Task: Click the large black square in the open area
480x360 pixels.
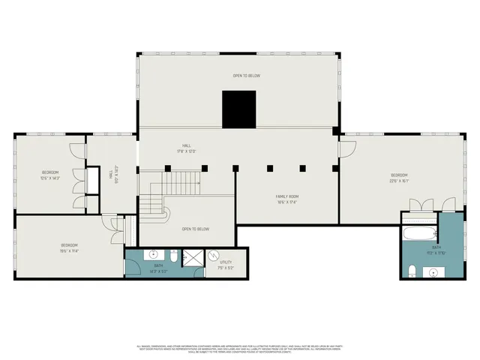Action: click(x=238, y=109)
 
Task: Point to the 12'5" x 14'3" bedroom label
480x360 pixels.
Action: click(x=50, y=175)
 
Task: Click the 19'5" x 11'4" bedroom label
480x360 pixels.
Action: click(x=69, y=248)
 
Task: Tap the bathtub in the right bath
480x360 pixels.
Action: click(x=420, y=232)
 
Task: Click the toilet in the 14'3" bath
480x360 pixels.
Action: click(x=174, y=258)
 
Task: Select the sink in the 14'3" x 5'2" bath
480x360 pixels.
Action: click(x=145, y=256)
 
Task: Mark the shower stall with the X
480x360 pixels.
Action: click(x=193, y=257)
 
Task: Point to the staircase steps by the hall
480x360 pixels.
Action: click(x=183, y=181)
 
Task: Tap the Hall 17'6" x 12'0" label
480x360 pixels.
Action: click(x=186, y=148)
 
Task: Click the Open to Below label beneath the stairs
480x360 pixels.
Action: click(x=195, y=229)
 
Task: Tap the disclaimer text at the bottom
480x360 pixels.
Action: click(x=240, y=348)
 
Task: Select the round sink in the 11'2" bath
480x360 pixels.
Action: click(x=434, y=271)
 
